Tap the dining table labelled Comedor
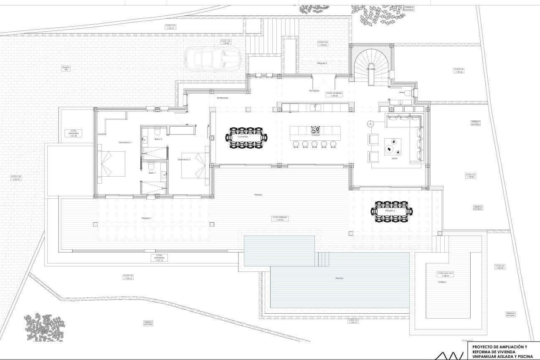pyautogui.click(x=246, y=137)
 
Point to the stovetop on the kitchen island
pyautogui.click(x=315, y=130)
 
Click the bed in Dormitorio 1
pyautogui.click(x=112, y=163)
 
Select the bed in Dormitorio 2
pyautogui.click(x=194, y=165)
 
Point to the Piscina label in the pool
pyautogui.click(x=339, y=278)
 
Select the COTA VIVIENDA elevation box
pyautogui.click(x=334, y=94)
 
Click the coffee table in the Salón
pyautogui.click(x=393, y=146)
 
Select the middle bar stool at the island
pyautogui.click(x=314, y=144)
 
